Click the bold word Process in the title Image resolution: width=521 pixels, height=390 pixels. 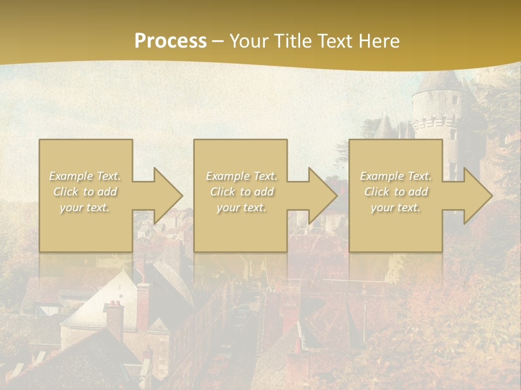[170, 41]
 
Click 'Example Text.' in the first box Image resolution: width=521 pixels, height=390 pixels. [85, 176]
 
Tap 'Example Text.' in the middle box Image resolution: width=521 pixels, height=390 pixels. [241, 176]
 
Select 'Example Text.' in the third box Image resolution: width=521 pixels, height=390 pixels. [396, 176]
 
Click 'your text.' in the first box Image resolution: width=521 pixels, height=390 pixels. [85, 207]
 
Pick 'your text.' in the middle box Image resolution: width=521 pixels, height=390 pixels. [241, 207]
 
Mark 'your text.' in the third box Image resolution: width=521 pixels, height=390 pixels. [396, 207]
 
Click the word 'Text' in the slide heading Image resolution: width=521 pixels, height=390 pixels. [335, 41]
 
